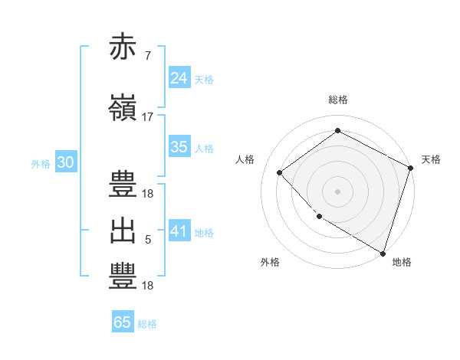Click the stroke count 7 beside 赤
[x=147, y=56]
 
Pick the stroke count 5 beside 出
[x=148, y=240]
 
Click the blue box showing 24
[x=179, y=77]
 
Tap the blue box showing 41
[x=179, y=231]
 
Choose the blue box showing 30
[x=65, y=162]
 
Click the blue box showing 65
[x=123, y=322]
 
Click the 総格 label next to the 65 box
[x=147, y=324]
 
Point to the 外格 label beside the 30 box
[x=41, y=164]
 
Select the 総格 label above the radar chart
[x=337, y=100]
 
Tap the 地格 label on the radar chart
[x=402, y=262]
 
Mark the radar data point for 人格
[x=280, y=172]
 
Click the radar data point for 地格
[x=383, y=252]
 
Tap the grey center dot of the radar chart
[x=337, y=191]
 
